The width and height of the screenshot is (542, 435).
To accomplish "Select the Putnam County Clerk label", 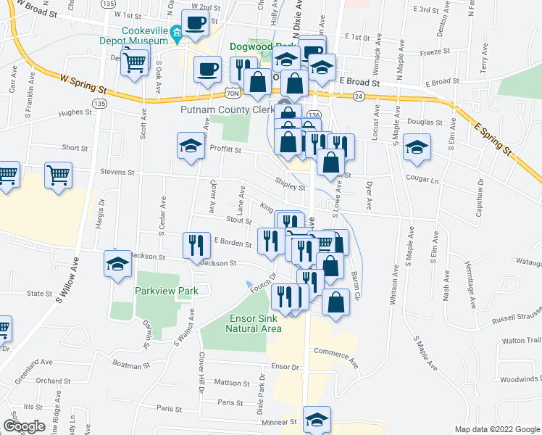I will [x=226, y=109].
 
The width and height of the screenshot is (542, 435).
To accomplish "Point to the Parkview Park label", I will [x=167, y=291].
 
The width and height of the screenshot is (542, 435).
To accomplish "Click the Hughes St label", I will [x=75, y=112].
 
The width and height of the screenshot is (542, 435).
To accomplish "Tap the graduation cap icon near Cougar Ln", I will [x=417, y=147].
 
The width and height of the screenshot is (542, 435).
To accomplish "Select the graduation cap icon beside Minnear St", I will [x=317, y=419].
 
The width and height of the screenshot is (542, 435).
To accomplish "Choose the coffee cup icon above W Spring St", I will [x=207, y=70].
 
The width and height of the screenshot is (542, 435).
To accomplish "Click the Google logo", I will [x=24, y=426].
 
